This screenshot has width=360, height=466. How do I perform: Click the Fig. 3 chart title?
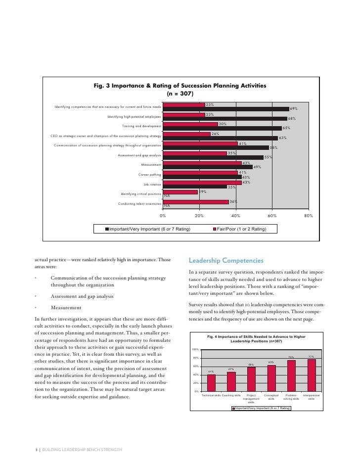[180, 89]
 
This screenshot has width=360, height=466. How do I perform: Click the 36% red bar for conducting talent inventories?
[196, 201]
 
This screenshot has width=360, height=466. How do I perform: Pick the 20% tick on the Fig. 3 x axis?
[199, 216]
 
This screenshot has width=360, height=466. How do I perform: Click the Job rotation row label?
[152, 185]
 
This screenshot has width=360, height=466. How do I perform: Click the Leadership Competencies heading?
[226, 261]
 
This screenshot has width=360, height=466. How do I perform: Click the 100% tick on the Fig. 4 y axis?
[196, 349]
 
